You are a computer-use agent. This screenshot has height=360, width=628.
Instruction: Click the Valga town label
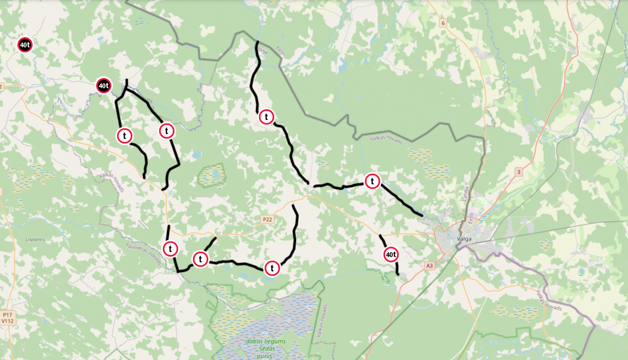tap(464, 239)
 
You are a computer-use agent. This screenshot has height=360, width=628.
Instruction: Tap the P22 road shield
tap(267, 219)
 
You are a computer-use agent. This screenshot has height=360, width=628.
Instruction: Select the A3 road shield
tap(429, 265)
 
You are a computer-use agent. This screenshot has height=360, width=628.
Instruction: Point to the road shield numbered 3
tap(519, 172)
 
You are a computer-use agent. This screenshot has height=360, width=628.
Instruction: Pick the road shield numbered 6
tap(443, 23)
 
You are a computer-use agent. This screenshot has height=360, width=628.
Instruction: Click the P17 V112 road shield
tap(8, 318)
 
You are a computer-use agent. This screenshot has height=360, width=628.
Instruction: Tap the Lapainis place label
tap(35, 240)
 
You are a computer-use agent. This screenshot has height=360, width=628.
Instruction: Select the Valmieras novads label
tap(144, 253)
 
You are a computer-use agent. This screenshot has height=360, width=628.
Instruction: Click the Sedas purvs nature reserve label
tap(266, 348)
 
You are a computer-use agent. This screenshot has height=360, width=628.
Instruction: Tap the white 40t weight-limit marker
tap(391, 255)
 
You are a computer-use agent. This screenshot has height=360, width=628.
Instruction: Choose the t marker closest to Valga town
tap(372, 181)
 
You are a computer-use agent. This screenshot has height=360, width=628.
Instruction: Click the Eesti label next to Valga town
tap(471, 218)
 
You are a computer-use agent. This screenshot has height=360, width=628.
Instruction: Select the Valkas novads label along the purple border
tap(549, 300)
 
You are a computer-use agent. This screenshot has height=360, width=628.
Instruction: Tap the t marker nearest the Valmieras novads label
tap(170, 249)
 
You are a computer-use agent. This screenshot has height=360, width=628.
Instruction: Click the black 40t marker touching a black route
tap(103, 86)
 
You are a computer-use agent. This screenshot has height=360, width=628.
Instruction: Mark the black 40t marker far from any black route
tap(25, 45)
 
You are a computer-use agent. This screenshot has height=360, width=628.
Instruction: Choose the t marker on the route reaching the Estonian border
tap(266, 117)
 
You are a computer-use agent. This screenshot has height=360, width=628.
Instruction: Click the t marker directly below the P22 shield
tap(272, 268)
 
